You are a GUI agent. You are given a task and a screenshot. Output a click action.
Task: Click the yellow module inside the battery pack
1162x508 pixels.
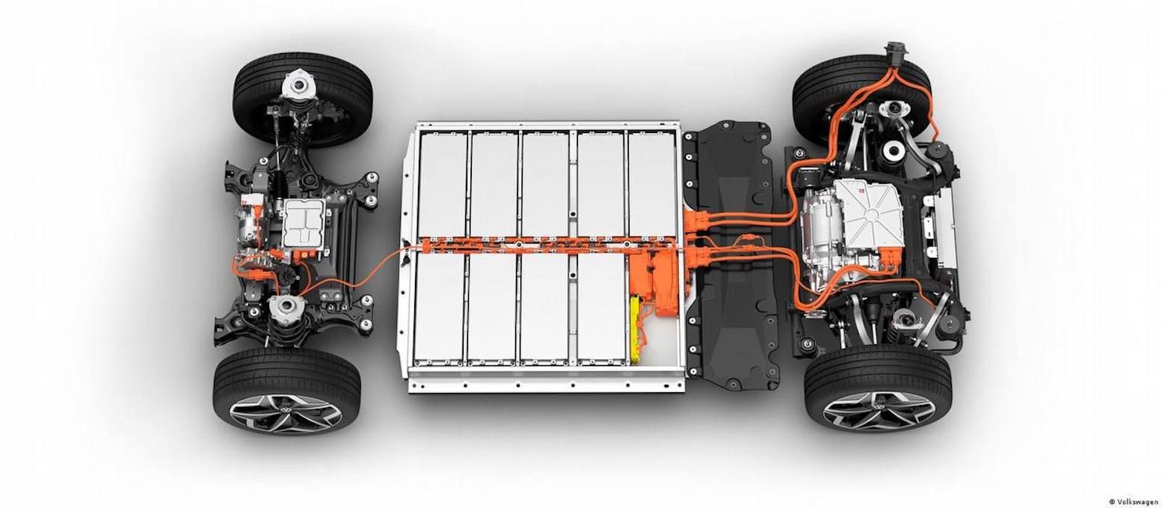(636, 326)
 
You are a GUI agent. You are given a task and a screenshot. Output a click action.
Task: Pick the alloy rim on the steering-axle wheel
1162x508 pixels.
(286, 413)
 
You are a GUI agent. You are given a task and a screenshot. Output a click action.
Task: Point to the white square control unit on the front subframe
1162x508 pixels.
(303, 223)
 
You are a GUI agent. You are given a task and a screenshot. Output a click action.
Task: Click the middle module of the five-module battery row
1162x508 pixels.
(545, 184)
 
